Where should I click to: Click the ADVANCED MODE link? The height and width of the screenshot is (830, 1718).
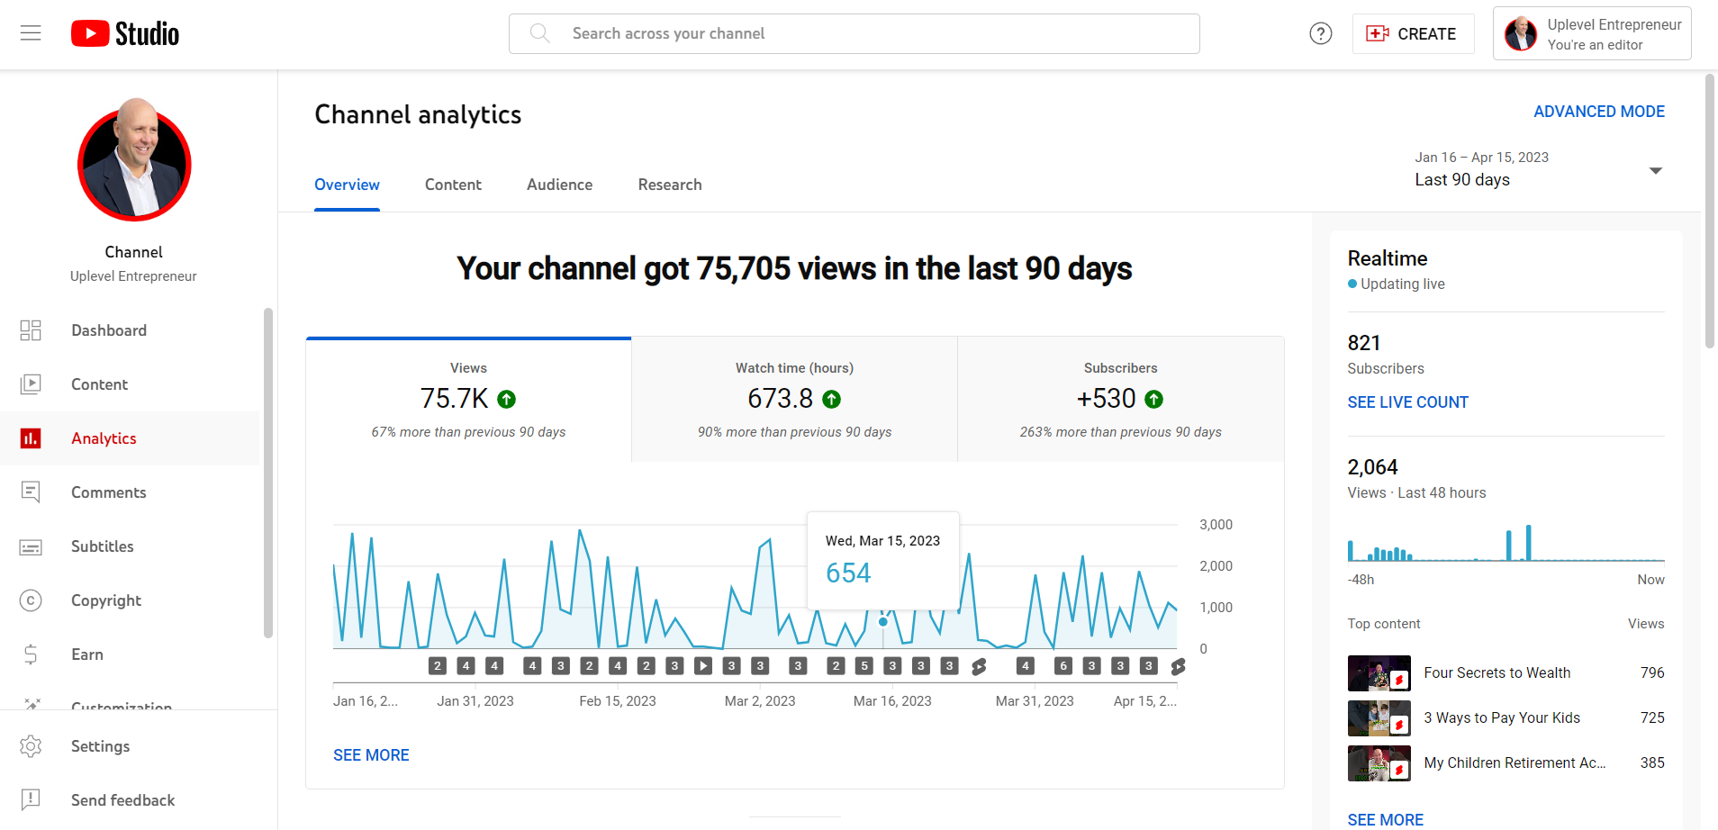1598,112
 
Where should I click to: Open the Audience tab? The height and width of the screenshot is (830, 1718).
559,185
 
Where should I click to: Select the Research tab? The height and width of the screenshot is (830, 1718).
669,185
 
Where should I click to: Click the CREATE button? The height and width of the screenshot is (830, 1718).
1412,34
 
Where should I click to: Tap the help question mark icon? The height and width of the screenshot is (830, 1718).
1320,34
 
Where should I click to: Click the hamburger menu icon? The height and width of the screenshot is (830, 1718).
31,33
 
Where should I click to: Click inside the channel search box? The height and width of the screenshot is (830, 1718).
854,34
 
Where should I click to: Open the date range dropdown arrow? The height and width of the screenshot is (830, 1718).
1655,170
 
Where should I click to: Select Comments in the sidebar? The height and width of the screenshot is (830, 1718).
108,492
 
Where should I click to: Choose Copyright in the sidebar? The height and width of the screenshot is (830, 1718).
105,600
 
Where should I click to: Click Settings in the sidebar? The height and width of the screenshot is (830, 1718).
100,746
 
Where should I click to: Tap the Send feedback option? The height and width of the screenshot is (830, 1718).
122,800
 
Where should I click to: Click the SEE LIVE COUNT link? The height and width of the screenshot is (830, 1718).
1407,402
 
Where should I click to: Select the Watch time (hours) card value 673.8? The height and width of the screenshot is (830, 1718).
780,398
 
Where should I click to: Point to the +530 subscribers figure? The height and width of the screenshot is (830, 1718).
1106,398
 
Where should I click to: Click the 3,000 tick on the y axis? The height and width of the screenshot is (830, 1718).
1216,525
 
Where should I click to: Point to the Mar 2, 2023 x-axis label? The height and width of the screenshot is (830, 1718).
759,701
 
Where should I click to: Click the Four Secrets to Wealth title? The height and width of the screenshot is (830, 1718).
1496,672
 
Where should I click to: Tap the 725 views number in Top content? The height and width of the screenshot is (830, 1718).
1651,717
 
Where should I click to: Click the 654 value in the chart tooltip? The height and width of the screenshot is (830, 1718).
848,573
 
